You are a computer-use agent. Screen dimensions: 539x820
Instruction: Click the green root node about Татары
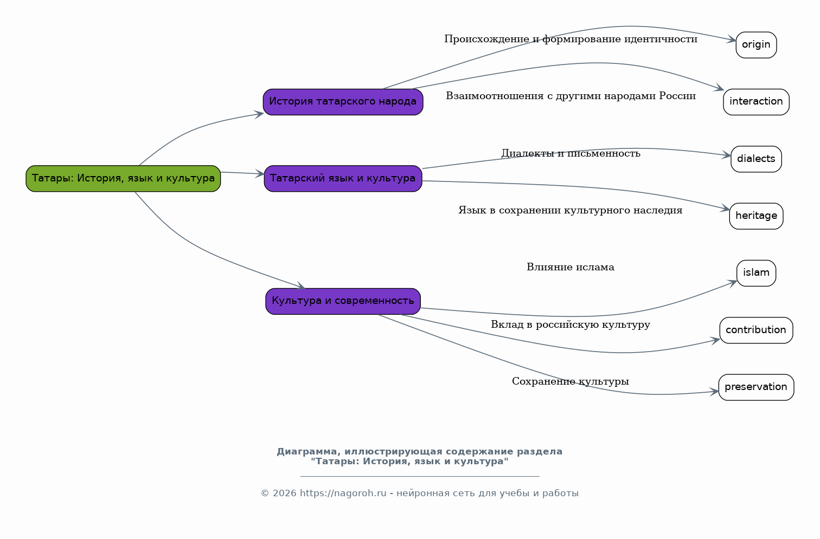[x=123, y=178]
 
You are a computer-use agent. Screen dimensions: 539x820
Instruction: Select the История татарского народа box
[x=343, y=102]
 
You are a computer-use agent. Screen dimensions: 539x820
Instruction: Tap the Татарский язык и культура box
[x=343, y=178]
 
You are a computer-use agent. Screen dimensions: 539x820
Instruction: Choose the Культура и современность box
[x=343, y=301]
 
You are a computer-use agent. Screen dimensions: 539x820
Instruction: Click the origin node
[x=756, y=44]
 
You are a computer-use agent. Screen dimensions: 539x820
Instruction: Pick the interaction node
[x=756, y=102]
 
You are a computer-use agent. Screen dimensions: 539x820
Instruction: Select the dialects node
[x=756, y=159]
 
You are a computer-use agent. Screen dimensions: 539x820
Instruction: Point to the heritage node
[x=756, y=216]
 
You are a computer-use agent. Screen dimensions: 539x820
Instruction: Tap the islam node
[x=756, y=273]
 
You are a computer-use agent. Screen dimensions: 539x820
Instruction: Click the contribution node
[x=756, y=330]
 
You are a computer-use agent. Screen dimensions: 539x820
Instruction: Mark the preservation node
[x=756, y=387]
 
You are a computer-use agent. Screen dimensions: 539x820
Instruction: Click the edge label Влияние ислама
[x=570, y=267]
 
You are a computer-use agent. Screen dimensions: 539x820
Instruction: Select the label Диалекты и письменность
[x=571, y=153]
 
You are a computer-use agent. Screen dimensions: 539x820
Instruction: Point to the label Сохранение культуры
[x=570, y=381]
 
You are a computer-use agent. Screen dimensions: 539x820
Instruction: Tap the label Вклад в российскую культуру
[x=570, y=324]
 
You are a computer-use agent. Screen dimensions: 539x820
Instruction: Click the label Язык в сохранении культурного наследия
[x=570, y=210]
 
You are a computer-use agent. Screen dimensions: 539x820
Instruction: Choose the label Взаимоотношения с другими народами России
[x=571, y=96]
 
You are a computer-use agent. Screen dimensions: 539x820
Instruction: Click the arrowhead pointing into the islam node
[x=733, y=282]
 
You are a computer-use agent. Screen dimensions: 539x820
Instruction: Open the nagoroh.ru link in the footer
[x=343, y=493]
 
